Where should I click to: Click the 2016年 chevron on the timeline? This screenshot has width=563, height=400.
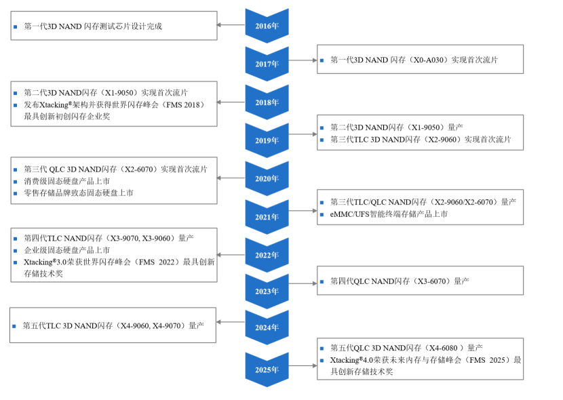[267, 26]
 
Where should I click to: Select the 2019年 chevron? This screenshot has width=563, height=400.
[267, 140]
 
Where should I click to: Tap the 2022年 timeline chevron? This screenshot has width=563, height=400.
[267, 255]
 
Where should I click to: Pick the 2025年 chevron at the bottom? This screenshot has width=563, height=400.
[267, 369]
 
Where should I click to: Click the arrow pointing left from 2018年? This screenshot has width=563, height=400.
[231, 102]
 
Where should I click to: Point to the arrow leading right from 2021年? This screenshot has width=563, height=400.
[303, 211]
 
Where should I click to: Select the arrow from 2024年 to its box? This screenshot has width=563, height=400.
[231, 322]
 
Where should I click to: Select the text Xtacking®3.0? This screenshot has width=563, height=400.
[45, 262]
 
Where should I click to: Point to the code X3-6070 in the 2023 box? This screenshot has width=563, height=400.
[432, 281]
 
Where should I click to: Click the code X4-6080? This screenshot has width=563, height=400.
[444, 348]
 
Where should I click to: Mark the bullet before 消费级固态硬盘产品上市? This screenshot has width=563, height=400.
[16, 182]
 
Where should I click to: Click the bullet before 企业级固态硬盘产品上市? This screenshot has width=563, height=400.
[16, 250]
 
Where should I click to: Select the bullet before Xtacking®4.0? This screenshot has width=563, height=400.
[322, 360]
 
